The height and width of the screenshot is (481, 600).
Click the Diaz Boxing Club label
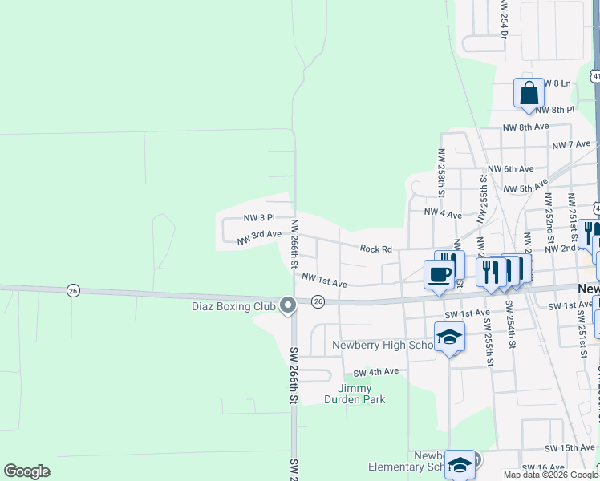(233, 305)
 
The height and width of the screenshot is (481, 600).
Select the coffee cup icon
(438, 275)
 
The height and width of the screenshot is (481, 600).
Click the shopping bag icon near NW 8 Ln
(529, 94)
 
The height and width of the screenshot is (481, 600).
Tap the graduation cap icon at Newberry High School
(449, 338)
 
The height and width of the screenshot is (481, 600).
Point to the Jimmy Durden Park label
(355, 394)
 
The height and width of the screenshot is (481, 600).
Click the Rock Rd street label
(375, 249)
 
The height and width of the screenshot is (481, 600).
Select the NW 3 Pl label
(259, 217)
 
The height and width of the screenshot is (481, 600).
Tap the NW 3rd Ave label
(259, 236)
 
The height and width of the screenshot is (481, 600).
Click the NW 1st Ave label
(324, 280)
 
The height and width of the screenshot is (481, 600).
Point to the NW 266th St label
(295, 244)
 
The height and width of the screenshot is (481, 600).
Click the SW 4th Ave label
(376, 372)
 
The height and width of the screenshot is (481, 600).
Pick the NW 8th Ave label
(525, 127)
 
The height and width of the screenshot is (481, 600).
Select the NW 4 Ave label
(443, 214)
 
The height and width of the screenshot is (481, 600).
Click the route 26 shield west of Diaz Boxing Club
(73, 290)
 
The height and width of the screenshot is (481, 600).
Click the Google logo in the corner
(26, 471)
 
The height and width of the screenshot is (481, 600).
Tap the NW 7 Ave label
(571, 144)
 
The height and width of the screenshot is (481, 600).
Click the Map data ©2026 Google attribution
(550, 475)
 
